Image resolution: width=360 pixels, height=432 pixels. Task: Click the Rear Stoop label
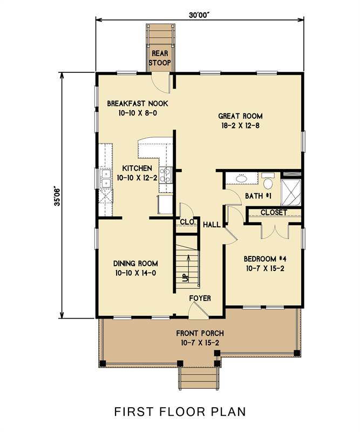160,58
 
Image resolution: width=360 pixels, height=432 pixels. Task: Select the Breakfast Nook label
138,104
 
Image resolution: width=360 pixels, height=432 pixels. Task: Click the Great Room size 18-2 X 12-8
241,126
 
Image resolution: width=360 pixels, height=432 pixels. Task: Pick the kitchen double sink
105,179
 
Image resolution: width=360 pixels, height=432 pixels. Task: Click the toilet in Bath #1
268,181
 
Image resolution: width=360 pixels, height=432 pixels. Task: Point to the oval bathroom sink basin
242,179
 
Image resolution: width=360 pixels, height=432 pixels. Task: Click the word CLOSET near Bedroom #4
274,212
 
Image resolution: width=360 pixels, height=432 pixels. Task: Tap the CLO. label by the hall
188,222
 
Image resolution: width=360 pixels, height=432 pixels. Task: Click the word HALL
212,225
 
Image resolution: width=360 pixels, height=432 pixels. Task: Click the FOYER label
200,298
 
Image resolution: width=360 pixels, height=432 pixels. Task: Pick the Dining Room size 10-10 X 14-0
135,273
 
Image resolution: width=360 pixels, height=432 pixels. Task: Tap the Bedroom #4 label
265,259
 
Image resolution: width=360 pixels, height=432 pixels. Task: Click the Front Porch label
200,333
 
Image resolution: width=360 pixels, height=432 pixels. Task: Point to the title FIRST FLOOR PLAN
180,411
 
